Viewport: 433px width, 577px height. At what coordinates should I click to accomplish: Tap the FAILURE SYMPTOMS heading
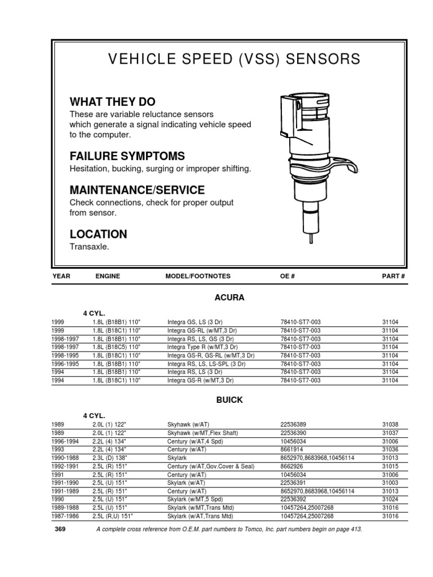click(127, 156)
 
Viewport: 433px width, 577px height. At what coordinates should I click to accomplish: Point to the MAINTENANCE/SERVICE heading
click(137, 190)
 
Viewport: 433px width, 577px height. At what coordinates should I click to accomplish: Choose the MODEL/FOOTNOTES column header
click(197, 277)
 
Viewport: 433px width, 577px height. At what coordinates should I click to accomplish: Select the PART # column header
click(393, 277)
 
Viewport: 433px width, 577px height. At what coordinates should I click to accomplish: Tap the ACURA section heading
click(230, 297)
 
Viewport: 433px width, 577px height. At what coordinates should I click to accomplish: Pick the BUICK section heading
click(230, 400)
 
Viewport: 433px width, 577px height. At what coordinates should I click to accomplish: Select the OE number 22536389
click(295, 424)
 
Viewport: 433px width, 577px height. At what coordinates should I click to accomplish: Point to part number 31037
click(390, 432)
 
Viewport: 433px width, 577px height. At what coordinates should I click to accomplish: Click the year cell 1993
click(59, 449)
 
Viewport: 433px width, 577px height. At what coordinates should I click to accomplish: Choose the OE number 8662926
click(293, 466)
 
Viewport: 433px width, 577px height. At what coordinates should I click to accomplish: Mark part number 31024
click(390, 499)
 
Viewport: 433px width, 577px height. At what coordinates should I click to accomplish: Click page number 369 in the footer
click(60, 530)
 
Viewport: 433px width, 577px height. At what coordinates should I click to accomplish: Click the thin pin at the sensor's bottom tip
click(310, 238)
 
